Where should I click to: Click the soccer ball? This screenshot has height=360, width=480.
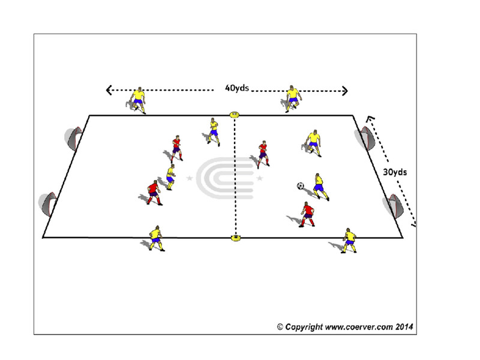(301, 186)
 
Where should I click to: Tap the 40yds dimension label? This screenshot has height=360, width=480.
(237, 88)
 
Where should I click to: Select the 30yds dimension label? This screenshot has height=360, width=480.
(395, 172)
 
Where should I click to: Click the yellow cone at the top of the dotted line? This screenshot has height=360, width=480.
(235, 115)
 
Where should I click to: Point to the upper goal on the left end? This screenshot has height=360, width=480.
(74, 139)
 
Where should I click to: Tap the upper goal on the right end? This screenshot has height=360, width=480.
(365, 138)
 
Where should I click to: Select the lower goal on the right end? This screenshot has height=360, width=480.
(394, 206)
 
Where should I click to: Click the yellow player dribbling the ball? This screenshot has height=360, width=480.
(320, 187)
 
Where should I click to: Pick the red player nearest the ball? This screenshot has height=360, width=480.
(307, 214)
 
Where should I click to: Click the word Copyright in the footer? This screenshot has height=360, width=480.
(304, 327)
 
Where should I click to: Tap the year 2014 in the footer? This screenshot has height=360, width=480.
(404, 326)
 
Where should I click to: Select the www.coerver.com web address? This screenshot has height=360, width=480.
(359, 327)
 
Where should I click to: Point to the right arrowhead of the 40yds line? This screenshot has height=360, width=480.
(346, 91)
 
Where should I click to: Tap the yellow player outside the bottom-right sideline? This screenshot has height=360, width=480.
(349, 241)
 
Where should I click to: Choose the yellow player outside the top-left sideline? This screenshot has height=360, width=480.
(138, 100)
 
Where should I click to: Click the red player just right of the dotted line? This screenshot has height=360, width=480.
(263, 154)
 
